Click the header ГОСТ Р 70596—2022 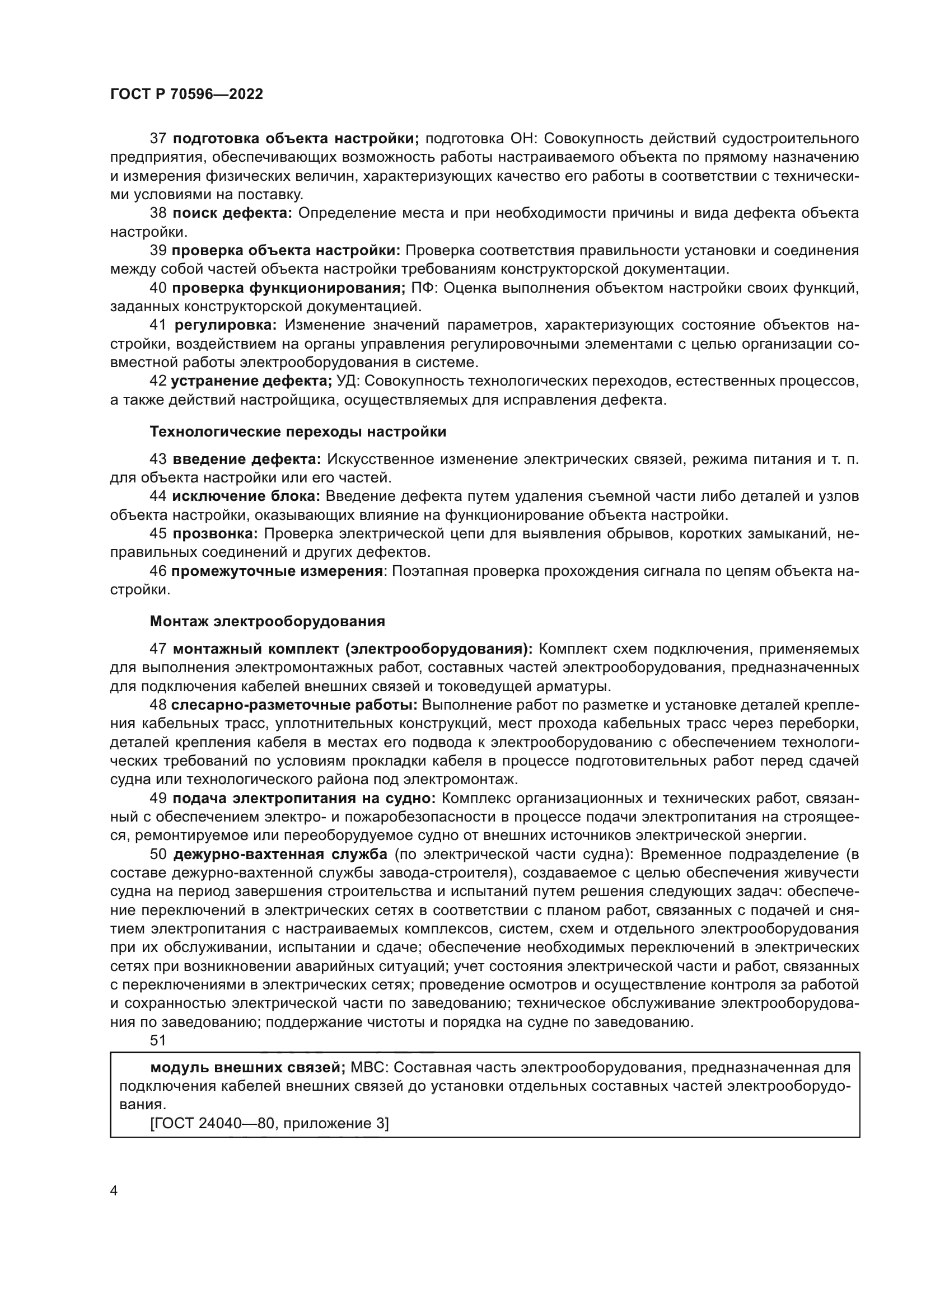pyautogui.click(x=186, y=95)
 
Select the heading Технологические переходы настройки pyautogui.click(x=298, y=431)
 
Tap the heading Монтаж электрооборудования pyautogui.click(x=267, y=621)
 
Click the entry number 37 pyautogui.click(x=158, y=139)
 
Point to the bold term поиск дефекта pyautogui.click(x=232, y=213)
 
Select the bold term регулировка pyautogui.click(x=225, y=326)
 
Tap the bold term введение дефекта pyautogui.click(x=247, y=459)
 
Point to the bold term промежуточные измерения pyautogui.click(x=277, y=571)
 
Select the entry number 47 pyautogui.click(x=158, y=649)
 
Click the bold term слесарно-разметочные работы pyautogui.click(x=295, y=705)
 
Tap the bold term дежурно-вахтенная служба pyautogui.click(x=280, y=854)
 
